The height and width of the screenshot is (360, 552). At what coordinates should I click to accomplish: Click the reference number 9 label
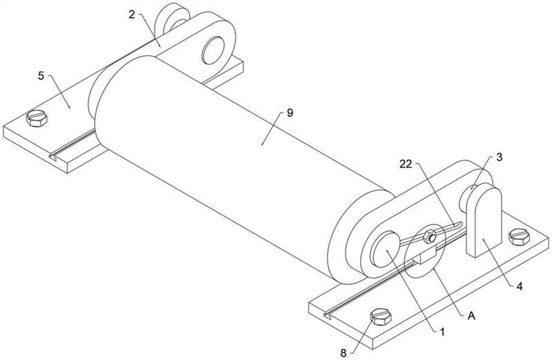pyautogui.click(x=290, y=113)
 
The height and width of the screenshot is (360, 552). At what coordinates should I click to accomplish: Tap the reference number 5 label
pyautogui.click(x=41, y=76)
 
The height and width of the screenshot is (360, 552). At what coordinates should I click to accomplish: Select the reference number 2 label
pyautogui.click(x=132, y=14)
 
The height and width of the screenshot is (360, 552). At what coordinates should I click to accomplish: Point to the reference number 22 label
pyautogui.click(x=406, y=163)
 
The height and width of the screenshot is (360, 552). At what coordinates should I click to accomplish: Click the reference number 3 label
pyautogui.click(x=500, y=157)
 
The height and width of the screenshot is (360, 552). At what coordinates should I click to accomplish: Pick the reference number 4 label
pyautogui.click(x=520, y=286)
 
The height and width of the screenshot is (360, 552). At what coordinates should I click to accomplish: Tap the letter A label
pyautogui.click(x=471, y=316)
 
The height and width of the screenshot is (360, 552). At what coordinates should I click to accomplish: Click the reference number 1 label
pyautogui.click(x=442, y=332)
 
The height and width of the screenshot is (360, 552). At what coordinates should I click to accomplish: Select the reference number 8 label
pyautogui.click(x=343, y=352)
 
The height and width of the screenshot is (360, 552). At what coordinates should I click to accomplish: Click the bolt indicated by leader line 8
pyautogui.click(x=381, y=317)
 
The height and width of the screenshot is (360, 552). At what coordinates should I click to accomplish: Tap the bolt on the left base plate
pyautogui.click(x=37, y=118)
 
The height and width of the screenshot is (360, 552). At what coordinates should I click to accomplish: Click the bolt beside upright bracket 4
pyautogui.click(x=519, y=237)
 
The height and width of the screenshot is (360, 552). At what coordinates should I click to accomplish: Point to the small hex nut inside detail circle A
pyautogui.click(x=430, y=237)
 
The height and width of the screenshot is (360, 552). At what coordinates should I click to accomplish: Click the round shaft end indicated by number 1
pyautogui.click(x=386, y=249)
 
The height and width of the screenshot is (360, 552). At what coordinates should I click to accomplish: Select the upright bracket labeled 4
pyautogui.click(x=484, y=220)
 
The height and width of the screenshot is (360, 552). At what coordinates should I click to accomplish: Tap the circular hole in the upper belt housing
pyautogui.click(x=213, y=50)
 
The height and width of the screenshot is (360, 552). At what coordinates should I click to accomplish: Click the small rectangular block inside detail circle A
pyautogui.click(x=425, y=255)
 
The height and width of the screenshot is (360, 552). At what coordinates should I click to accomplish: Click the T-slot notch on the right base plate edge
pyautogui.click(x=328, y=315)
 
